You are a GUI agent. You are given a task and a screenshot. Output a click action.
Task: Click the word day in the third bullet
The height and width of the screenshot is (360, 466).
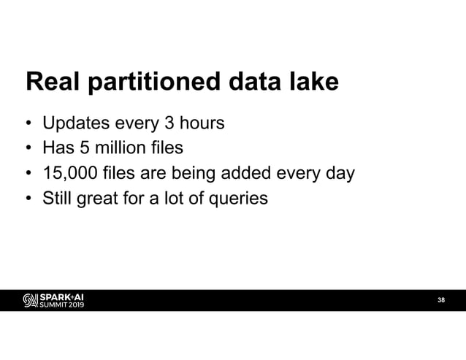tap(342, 174)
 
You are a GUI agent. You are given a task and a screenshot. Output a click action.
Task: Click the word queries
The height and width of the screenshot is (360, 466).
tap(240, 198)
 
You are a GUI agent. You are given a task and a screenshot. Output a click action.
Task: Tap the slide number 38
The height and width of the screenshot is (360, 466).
tap(440, 300)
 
